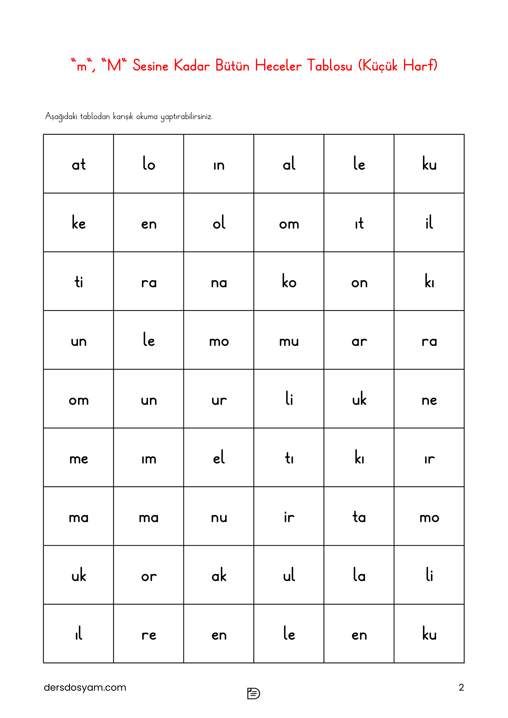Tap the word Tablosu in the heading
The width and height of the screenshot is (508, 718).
click(329, 66)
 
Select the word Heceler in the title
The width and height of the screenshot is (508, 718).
click(278, 66)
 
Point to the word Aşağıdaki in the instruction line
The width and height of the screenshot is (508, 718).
click(61, 117)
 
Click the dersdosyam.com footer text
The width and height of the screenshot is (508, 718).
click(85, 687)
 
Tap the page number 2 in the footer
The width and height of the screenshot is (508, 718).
click(461, 687)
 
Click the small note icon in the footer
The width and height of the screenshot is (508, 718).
click(253, 693)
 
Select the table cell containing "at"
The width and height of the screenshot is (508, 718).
click(79, 164)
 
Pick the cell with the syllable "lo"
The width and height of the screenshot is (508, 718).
click(149, 164)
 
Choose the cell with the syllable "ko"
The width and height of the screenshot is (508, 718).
click(289, 281)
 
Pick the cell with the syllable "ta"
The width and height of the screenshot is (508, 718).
click(359, 517)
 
